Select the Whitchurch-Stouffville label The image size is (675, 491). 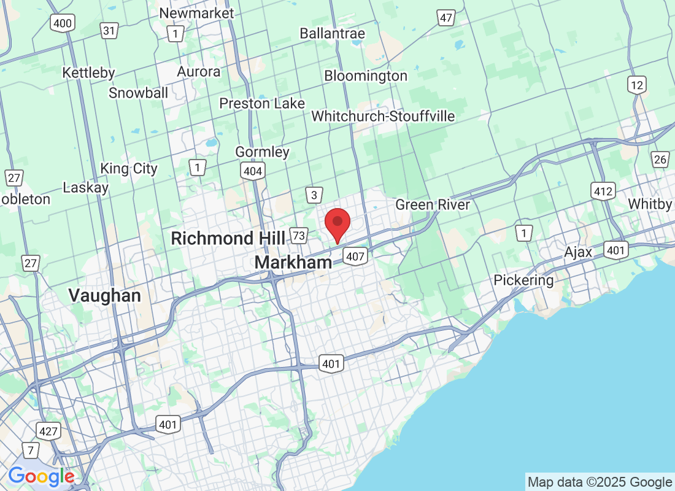click(383, 116)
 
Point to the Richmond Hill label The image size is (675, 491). click(228, 238)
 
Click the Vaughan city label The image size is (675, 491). click(104, 295)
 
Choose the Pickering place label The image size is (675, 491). click(523, 280)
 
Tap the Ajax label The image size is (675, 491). click(579, 252)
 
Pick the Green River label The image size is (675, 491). click(433, 204)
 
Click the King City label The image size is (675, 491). click(129, 168)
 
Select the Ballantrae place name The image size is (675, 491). click(332, 33)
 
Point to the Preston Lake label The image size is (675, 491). click(262, 103)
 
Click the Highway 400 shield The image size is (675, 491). click(63, 24)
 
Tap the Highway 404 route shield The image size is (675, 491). click(253, 171)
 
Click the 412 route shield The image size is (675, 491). click(603, 191)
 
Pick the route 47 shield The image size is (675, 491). click(445, 18)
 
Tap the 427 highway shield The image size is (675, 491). click(48, 431)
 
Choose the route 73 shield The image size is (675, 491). click(299, 235)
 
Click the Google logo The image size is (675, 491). click(41, 476)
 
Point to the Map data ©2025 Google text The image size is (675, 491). click(600, 482)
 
